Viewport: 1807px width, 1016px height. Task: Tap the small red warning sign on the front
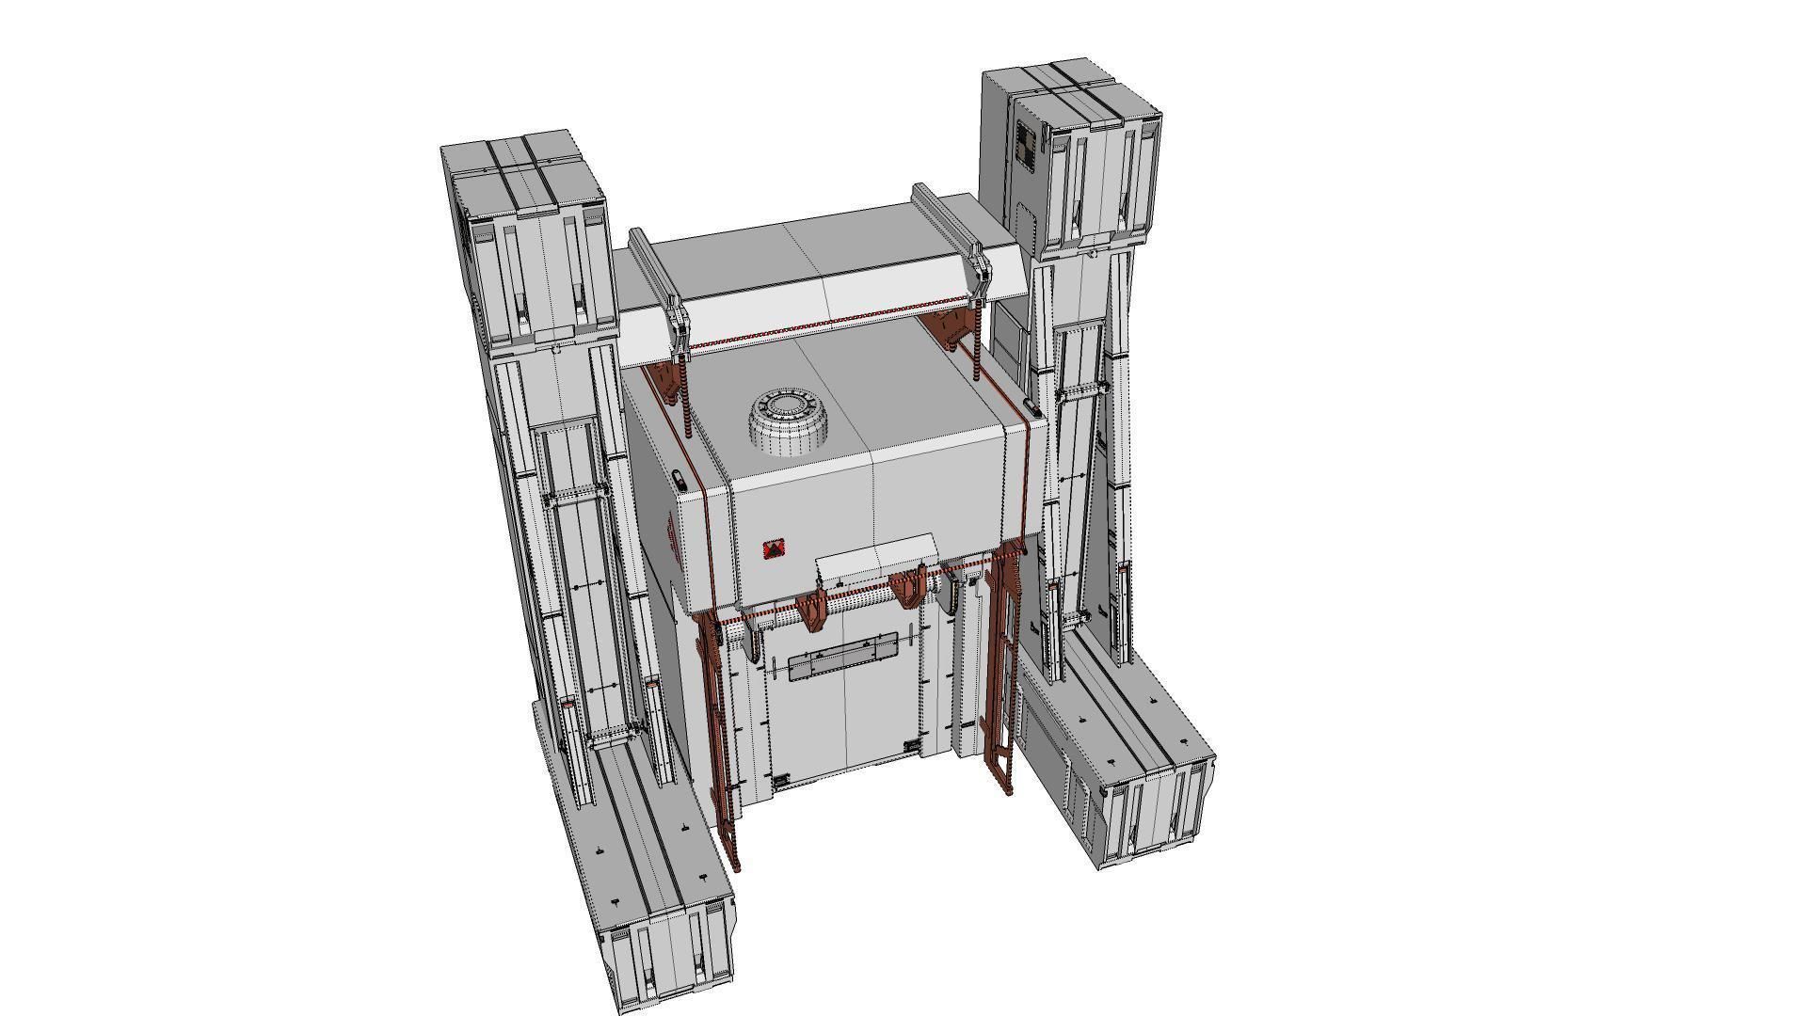(774, 549)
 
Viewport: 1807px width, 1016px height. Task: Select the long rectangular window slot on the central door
(843, 664)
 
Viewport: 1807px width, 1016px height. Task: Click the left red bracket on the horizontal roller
(809, 607)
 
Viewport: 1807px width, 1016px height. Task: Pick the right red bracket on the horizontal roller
(909, 588)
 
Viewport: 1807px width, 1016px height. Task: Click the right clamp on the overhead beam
(980, 273)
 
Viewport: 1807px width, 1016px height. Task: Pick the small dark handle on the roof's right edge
(1031, 408)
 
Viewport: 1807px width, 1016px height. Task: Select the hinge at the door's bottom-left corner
(780, 781)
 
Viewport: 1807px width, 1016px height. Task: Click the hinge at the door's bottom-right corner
(911, 745)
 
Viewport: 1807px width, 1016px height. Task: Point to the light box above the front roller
(876, 555)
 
